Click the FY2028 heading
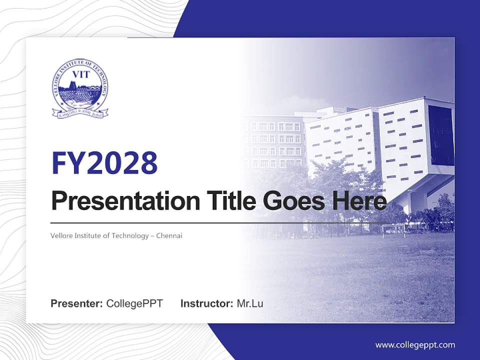pos(104,162)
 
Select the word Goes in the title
pos(290,201)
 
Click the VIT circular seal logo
pos(80,88)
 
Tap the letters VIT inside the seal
pos(80,75)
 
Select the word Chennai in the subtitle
pos(168,235)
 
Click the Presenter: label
pos(77,303)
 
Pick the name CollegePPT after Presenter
pos(134,303)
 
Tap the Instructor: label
pos(206,303)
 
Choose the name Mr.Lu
pos(249,303)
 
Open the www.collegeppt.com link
pos(415,345)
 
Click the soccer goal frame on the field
pos(392,230)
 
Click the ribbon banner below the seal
pos(80,113)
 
